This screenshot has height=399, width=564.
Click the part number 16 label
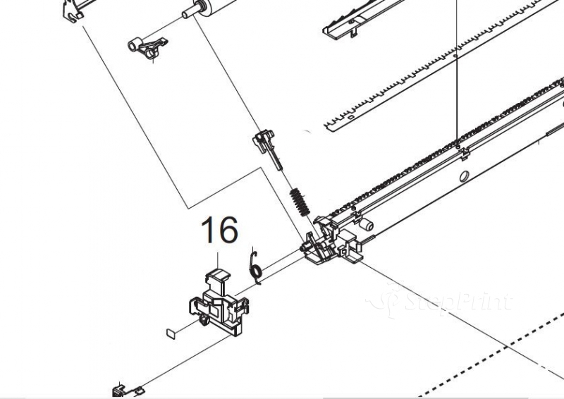tap(219, 230)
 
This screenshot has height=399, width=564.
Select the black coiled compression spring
tap(300, 202)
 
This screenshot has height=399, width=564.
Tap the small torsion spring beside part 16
tap(255, 266)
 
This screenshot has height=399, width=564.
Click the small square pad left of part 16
tap(171, 333)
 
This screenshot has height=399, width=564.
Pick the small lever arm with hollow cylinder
tap(148, 47)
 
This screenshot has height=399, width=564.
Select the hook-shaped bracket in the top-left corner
tap(74, 11)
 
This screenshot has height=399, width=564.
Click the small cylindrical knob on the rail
tap(366, 225)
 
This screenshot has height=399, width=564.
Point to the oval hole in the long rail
tap(465, 176)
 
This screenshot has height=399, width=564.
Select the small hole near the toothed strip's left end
tap(350, 117)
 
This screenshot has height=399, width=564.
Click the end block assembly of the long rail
tap(331, 239)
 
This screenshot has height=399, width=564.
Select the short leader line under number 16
tap(218, 260)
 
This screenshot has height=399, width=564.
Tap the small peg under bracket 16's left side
tap(204, 319)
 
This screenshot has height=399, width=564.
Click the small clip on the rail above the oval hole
tap(465, 154)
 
